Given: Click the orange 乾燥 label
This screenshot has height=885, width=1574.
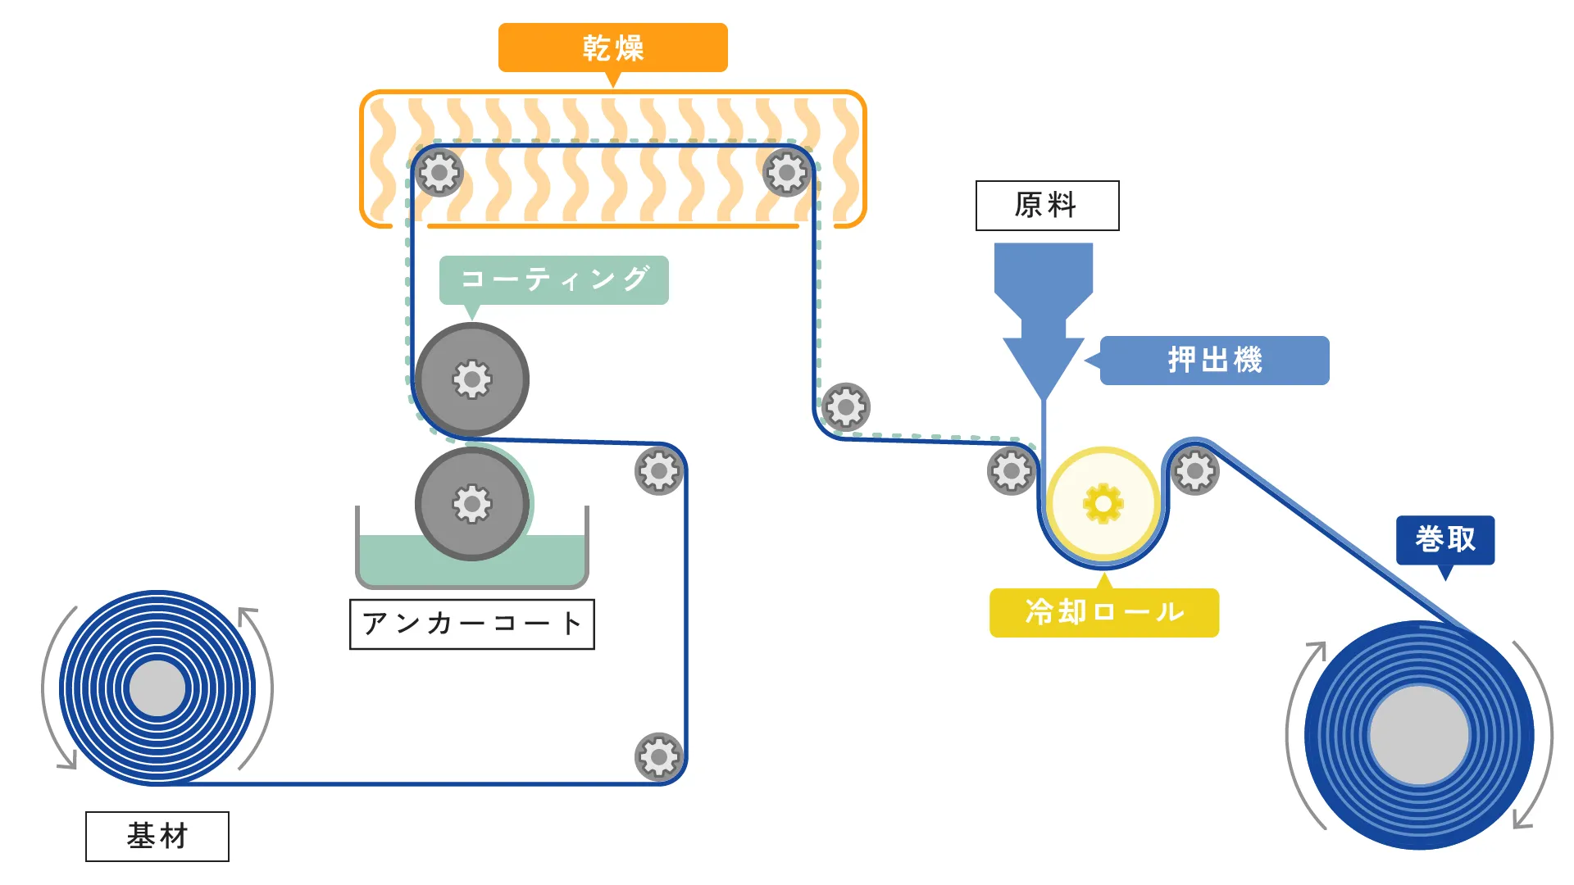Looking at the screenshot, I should pos(612,48).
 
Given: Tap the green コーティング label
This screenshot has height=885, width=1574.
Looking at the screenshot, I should pos(553,279).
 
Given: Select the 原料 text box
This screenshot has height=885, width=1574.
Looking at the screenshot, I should pos(1047,205).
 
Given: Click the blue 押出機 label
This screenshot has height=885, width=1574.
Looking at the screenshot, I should pos(1214,360).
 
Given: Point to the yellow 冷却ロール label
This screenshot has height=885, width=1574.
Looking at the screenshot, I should pos(1103,612).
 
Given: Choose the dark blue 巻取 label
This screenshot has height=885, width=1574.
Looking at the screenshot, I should pos(1444,539).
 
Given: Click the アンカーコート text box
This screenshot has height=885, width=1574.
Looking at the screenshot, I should pos(471,624).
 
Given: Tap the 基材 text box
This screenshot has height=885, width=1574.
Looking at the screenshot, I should pos(157,836).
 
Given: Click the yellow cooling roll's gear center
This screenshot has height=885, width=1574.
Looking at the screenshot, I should pos(1103,503).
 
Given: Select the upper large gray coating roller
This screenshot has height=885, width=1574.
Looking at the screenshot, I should pos(472,379).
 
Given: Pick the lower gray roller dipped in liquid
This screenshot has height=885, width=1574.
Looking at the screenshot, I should pos(472,503).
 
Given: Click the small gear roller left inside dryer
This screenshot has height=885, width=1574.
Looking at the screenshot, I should pos(439,173).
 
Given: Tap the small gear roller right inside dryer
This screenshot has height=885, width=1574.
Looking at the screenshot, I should pos(787,173).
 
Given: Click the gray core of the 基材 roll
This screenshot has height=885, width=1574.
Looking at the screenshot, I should pos(157,688).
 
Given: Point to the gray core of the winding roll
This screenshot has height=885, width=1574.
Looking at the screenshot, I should pos(1419,735).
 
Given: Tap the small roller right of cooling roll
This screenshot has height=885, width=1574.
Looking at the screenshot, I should pos(1194,471).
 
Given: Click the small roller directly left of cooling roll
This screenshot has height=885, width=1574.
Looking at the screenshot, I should pos(1011,471).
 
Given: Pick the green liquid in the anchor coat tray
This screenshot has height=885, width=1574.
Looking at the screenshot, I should pos(385,561).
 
